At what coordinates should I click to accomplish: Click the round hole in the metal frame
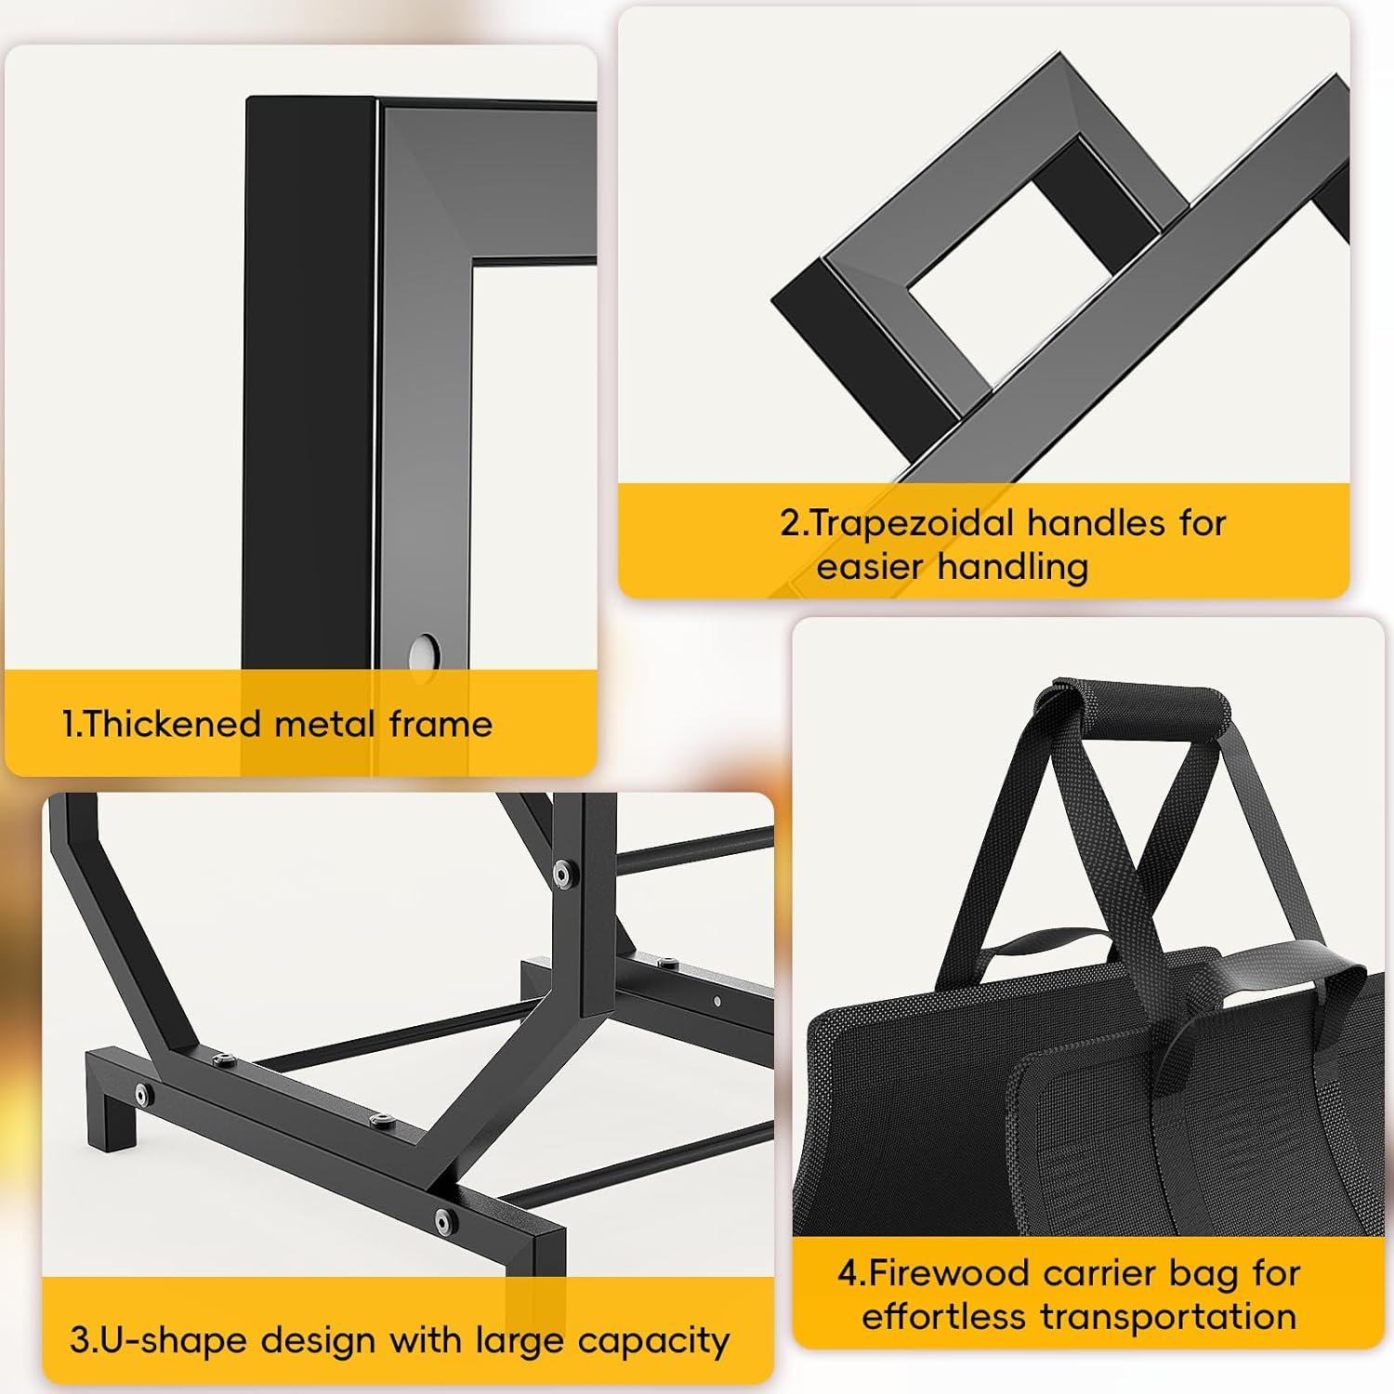(425, 650)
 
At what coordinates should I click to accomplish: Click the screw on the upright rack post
(561, 872)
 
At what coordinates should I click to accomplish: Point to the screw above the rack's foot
(142, 1093)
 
